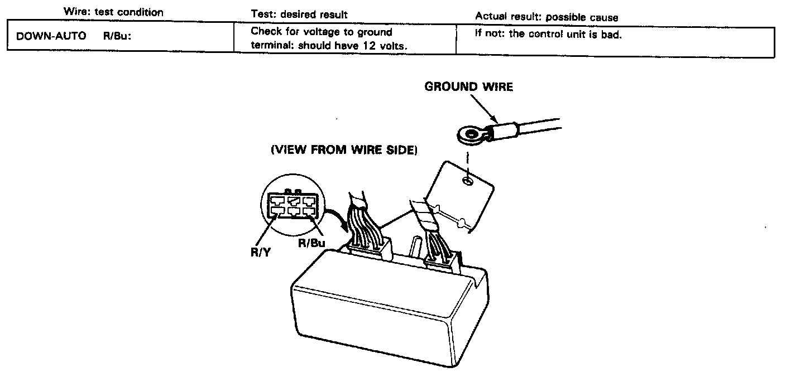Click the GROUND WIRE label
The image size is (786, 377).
point(468,86)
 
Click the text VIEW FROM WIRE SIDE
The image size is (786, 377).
point(344,150)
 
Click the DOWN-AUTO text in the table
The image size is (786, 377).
point(51,36)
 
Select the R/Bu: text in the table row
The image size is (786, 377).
point(117,36)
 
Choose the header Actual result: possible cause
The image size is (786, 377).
point(546,17)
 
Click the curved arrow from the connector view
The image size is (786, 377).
point(335,215)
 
